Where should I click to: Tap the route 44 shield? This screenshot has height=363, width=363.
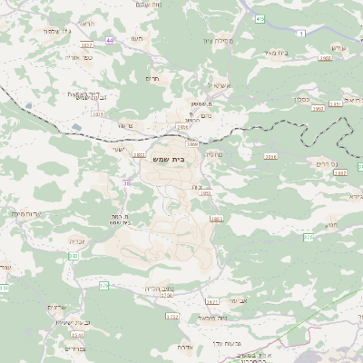click(x=110, y=41)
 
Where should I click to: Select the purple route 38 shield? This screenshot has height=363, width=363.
click(x=125, y=182)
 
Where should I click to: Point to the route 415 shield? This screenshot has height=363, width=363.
click(x=260, y=17)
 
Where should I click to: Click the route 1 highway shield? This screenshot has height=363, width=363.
click(x=301, y=33)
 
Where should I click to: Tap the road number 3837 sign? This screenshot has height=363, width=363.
click(x=87, y=44)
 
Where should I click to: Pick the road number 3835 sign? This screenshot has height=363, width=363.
click(x=98, y=114)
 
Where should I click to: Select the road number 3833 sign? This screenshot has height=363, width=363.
click(x=139, y=156)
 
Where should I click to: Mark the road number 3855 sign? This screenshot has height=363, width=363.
click(x=216, y=219)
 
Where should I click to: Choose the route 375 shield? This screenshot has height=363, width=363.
click(x=309, y=237)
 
